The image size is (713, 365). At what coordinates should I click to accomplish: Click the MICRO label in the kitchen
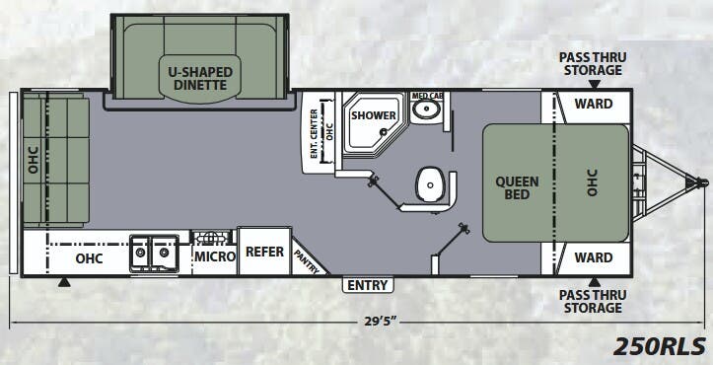pos(214,256)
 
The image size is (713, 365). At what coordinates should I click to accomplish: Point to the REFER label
pos(264,253)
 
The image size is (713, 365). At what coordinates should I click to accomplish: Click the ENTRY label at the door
pos(368,285)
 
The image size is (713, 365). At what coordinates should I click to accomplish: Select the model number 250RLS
pos(660,346)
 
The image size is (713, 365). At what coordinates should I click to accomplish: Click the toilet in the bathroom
pos(429,182)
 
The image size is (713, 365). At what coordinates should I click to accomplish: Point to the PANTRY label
pos(306,259)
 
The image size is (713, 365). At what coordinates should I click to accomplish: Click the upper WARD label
pos(593,105)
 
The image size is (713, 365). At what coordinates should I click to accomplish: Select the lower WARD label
pos(593,258)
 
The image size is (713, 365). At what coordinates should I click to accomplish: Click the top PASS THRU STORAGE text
pos(591,63)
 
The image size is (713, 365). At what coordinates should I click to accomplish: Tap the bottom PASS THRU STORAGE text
pos(591,301)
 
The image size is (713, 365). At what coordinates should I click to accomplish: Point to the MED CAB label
pos(426,96)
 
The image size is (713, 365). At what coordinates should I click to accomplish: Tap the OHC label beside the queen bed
pos(593,182)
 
